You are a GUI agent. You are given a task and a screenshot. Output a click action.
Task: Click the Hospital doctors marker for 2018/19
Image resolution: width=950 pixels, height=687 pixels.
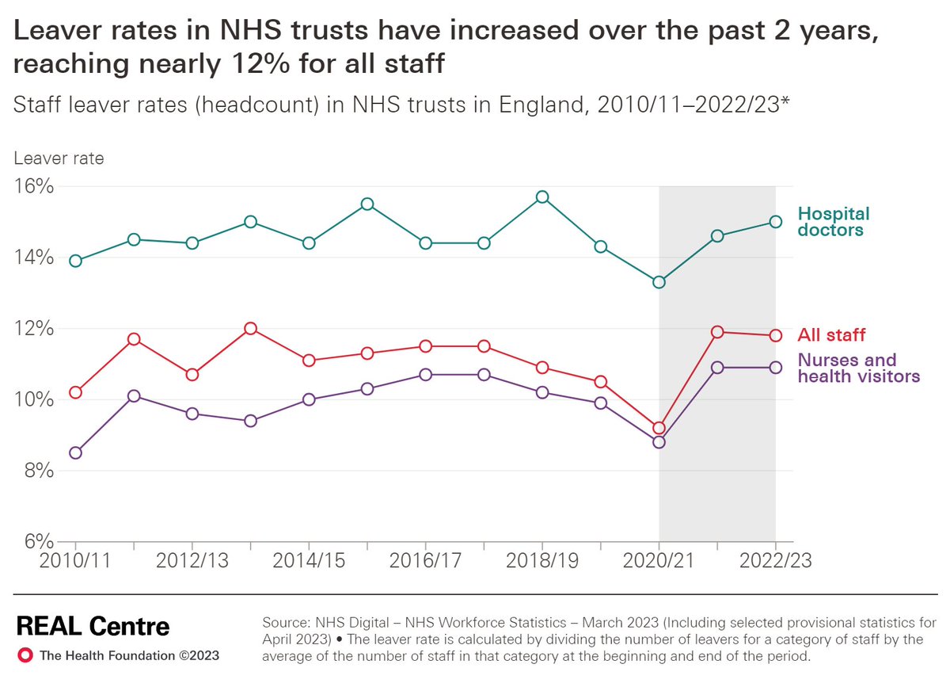point(542,197)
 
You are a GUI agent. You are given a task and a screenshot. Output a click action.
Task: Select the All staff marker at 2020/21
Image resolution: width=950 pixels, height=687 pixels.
point(659,428)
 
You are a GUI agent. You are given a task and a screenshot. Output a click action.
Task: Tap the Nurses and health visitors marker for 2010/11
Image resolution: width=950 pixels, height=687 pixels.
point(75,452)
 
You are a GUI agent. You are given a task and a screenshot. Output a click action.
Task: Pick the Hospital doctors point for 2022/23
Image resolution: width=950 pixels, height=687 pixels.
point(776,222)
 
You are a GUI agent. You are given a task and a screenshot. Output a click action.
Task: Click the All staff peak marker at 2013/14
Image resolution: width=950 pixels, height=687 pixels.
point(250,328)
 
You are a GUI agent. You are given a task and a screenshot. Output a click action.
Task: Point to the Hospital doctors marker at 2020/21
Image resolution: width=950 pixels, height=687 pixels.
point(659,282)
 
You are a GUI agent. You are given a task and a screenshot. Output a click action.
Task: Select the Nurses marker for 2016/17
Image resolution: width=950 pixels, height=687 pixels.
point(426,374)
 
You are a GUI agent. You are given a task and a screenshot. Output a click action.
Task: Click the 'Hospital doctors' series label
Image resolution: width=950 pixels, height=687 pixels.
point(833,222)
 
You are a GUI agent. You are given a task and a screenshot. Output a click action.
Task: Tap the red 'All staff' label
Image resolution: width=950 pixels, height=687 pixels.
point(831,335)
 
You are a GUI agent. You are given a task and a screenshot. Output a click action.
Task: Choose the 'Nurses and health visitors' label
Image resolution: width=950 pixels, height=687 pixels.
point(858,368)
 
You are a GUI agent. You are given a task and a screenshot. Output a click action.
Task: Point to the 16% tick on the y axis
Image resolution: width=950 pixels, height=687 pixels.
point(32,187)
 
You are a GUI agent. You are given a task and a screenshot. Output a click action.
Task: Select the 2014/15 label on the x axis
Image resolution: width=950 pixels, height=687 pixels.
point(309,561)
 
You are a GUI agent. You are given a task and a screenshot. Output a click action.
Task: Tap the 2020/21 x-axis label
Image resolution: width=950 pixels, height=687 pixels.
point(659,561)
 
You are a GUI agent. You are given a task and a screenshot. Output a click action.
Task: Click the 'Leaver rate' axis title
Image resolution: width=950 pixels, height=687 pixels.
point(59,158)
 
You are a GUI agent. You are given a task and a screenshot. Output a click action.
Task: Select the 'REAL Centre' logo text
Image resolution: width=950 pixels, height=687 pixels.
point(93,627)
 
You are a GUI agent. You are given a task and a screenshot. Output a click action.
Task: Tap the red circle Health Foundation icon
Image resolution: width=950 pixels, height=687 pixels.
point(25,655)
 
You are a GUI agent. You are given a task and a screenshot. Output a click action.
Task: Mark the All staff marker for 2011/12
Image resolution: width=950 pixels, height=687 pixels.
point(134,339)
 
